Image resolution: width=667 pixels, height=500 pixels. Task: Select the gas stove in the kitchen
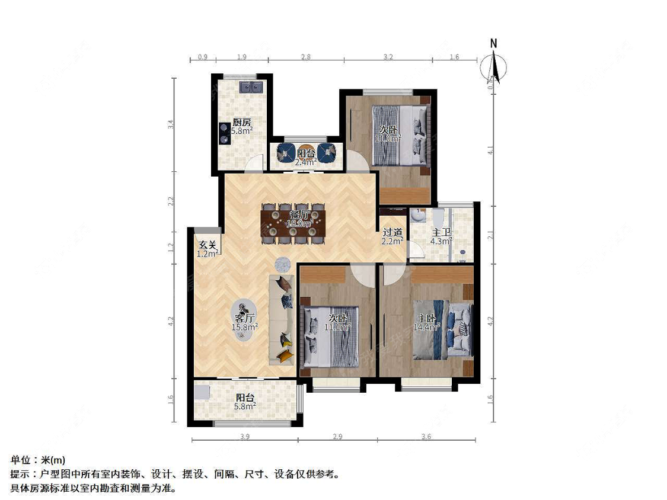[x=224, y=133]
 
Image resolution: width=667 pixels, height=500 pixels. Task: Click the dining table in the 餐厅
[x=293, y=223]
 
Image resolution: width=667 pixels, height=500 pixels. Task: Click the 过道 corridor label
[x=392, y=232]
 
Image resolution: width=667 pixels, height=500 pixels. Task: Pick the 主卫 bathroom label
[x=441, y=232]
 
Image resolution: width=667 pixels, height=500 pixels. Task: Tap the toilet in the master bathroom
[x=438, y=215]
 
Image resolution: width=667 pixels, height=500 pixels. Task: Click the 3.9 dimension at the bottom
[x=244, y=437]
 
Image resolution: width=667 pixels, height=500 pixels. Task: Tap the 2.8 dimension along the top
[x=305, y=57]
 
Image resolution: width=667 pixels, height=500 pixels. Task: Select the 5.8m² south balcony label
[x=245, y=402]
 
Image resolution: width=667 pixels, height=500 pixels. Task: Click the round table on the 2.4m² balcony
[x=306, y=153]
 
